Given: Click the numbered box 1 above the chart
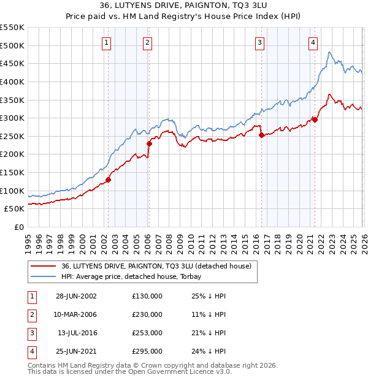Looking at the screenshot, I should (107, 42).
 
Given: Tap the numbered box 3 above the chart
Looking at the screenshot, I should (259, 42).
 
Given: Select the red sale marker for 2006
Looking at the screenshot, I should (149, 143).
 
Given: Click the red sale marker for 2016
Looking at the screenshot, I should (261, 135).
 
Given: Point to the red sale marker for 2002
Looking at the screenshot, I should (109, 180).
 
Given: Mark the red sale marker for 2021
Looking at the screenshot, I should (315, 120).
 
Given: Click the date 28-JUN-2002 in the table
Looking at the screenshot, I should (76, 296).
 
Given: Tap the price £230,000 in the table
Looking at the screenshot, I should (147, 314).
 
